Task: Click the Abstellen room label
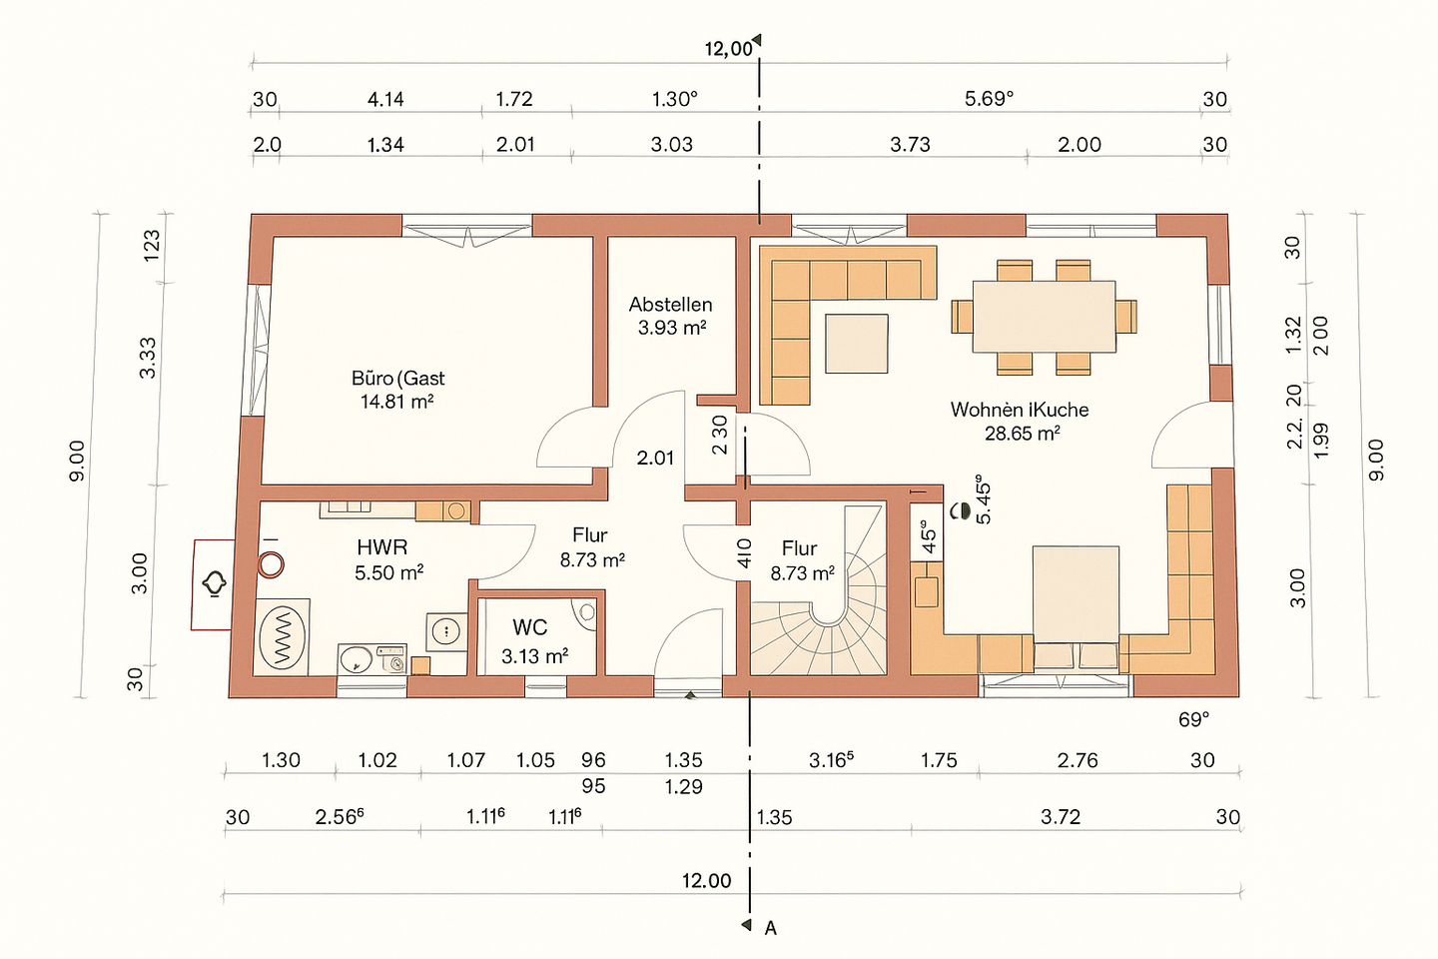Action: click(x=670, y=304)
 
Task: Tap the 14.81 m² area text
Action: click(x=396, y=403)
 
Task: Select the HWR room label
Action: click(x=382, y=547)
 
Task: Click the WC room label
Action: click(x=529, y=627)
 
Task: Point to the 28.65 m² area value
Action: click(x=1022, y=434)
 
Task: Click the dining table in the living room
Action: click(x=1044, y=317)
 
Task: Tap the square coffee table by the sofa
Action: click(x=857, y=344)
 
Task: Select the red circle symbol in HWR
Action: click(x=271, y=565)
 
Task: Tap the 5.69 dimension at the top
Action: click(x=989, y=99)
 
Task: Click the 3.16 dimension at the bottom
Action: click(x=831, y=760)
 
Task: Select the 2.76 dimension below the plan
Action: click(x=1078, y=760)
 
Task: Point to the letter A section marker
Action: click(x=770, y=928)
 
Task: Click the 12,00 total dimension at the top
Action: click(x=729, y=49)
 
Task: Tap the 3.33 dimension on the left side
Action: click(x=148, y=358)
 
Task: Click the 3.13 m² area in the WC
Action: click(x=534, y=656)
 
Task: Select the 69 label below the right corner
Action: click(x=1193, y=720)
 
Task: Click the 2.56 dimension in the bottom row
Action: click(x=340, y=817)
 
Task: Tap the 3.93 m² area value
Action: click(x=672, y=329)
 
